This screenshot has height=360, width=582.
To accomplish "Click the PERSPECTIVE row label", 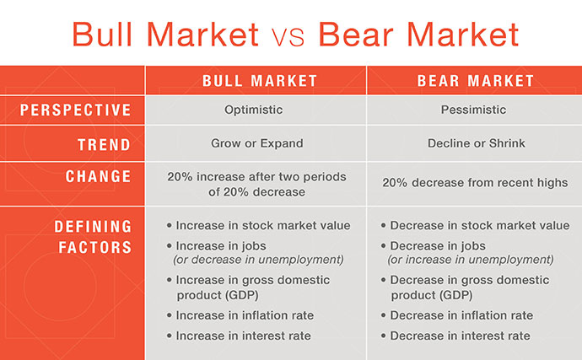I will pos(76,110).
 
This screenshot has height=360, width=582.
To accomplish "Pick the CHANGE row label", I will pos(99,177).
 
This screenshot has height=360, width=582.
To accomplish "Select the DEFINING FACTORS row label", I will pos(93,237).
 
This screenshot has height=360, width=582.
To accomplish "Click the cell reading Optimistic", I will pos(255,110).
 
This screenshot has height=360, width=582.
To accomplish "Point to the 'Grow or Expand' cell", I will pos(255,143).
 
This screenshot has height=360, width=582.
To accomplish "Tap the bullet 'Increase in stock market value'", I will pos(262,225).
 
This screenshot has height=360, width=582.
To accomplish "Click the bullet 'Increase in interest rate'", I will pos(243,336).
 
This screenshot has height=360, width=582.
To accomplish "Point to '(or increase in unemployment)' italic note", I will pos(470,260).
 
